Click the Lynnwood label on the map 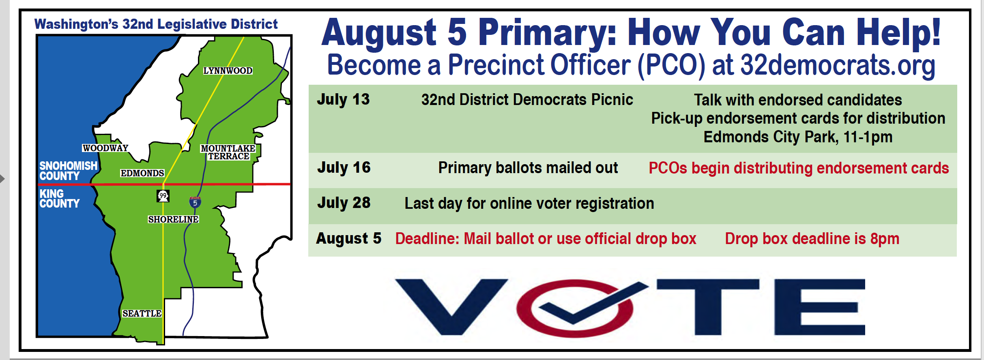[x=228, y=71]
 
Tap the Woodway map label [x=105, y=148]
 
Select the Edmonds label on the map [x=142, y=173]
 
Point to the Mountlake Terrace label [x=228, y=152]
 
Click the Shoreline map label [x=173, y=219]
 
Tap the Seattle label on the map [x=142, y=313]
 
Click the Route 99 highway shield [x=163, y=196]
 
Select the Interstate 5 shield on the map [x=195, y=202]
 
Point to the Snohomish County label [x=68, y=171]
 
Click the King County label [x=59, y=199]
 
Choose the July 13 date [x=343, y=99]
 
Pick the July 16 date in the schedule [x=344, y=167]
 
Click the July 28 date [x=344, y=203]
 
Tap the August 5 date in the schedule [x=349, y=239]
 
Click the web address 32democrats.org [x=838, y=65]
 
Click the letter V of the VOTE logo [x=451, y=306]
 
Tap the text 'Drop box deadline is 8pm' [x=812, y=239]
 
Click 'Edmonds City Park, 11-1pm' [x=798, y=137]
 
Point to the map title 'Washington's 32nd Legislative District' [x=156, y=24]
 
